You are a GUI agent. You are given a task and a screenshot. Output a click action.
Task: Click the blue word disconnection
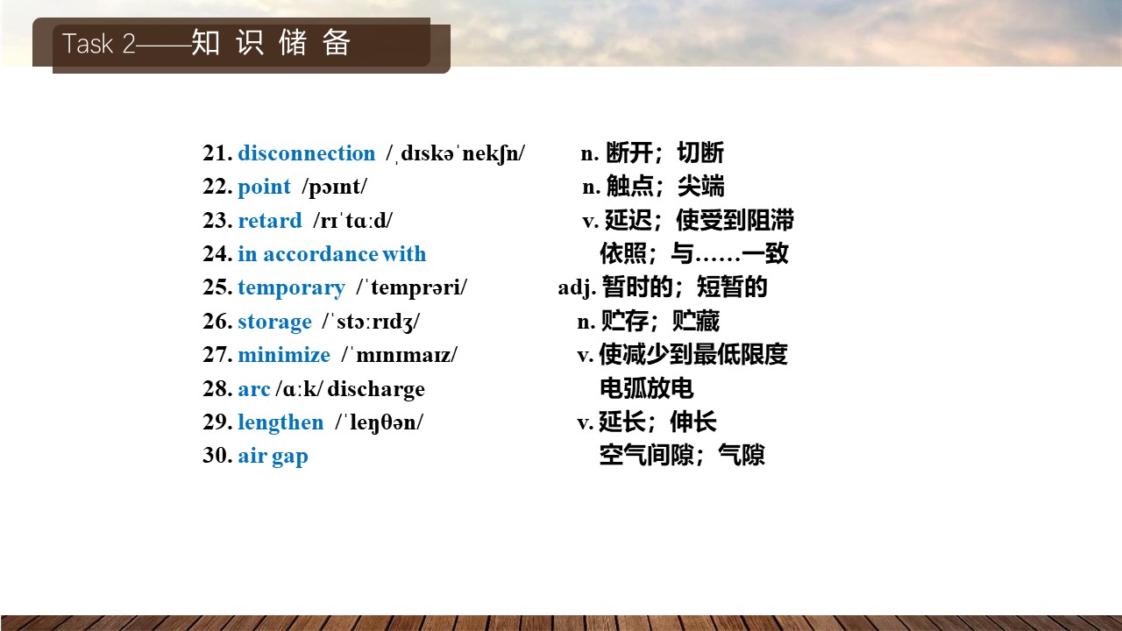306,153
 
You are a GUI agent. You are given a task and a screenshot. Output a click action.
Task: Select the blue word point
264,188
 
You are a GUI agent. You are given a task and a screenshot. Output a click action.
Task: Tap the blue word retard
270,220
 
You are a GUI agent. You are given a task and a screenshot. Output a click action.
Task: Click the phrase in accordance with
331,254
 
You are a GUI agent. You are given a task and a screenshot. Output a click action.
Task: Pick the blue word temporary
292,288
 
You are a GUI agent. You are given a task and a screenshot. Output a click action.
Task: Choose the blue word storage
274,322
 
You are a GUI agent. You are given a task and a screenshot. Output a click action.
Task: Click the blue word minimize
284,355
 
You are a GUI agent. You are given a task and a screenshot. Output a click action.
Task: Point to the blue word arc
254,389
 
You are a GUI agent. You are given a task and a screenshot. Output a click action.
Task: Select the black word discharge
376,389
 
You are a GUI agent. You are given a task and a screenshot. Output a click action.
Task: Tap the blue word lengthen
280,422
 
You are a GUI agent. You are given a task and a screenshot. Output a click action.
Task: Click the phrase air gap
273,457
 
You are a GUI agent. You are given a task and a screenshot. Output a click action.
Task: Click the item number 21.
217,153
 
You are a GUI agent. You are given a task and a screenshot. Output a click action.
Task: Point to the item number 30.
217,456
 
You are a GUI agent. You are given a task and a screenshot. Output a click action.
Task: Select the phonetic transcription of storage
371,322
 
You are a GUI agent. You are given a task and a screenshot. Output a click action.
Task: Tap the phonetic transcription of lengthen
380,422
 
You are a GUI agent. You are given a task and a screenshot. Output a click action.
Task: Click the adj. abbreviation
577,288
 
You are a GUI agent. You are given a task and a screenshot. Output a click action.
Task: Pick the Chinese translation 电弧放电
647,388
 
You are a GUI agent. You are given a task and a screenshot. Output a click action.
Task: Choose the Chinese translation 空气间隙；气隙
682,455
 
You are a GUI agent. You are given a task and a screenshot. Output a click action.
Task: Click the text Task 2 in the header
99,44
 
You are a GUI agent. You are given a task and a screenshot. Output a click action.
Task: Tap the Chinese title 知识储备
271,43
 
